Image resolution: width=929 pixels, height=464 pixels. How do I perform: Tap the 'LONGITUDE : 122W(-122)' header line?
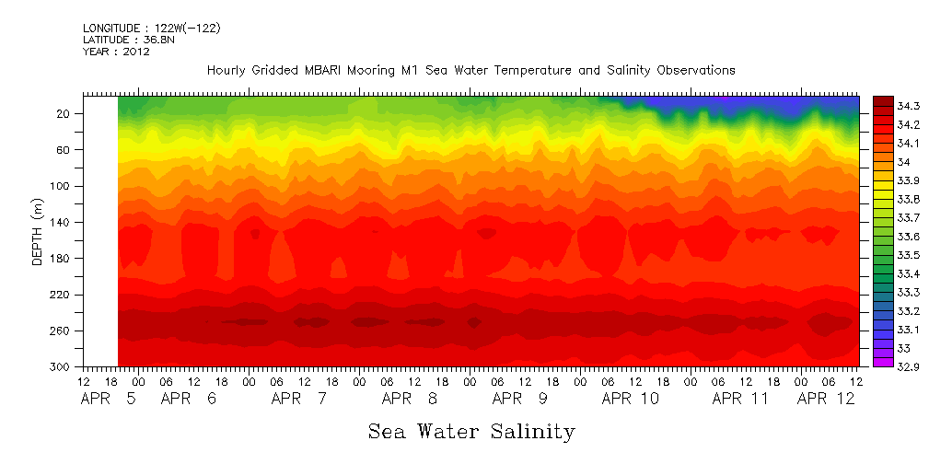(151, 29)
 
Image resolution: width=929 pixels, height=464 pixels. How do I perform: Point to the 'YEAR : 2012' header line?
(116, 52)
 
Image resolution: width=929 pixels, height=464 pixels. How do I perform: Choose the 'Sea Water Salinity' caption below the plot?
(471, 431)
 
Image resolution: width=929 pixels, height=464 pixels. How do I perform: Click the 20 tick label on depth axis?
(64, 114)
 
